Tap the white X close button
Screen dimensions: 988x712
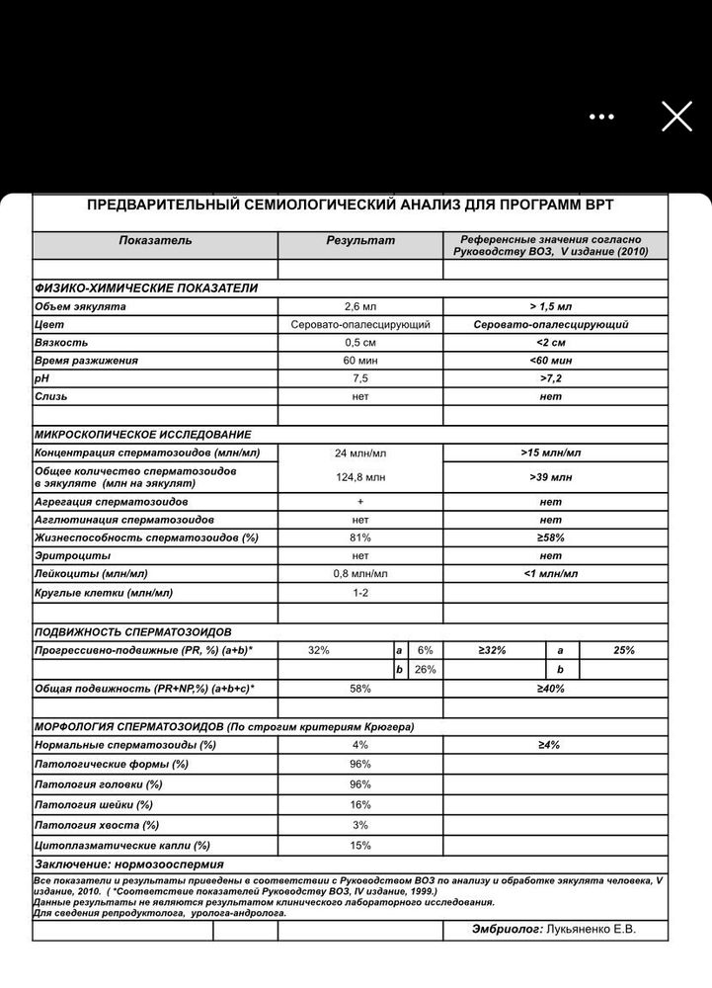(x=676, y=117)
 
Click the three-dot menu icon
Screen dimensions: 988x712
(x=602, y=117)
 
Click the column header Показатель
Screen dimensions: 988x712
(x=155, y=240)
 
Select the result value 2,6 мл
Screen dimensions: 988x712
(x=359, y=306)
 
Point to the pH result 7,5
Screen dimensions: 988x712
(x=359, y=378)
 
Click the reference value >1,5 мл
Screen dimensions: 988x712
(x=550, y=306)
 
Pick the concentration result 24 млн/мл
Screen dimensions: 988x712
(x=359, y=453)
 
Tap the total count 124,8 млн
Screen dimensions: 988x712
(x=359, y=477)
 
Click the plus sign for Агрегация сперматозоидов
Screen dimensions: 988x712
(x=359, y=502)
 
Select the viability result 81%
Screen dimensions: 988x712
(x=359, y=537)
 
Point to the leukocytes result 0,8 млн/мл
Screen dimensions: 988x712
(x=359, y=573)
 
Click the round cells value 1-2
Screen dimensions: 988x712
(x=359, y=592)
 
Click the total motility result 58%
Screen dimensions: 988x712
(x=359, y=687)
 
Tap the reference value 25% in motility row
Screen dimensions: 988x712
(x=623, y=650)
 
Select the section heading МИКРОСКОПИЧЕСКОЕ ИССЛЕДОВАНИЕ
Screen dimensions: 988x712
(x=142, y=434)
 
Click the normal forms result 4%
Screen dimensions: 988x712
(x=359, y=744)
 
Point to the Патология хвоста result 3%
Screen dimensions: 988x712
(x=359, y=824)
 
